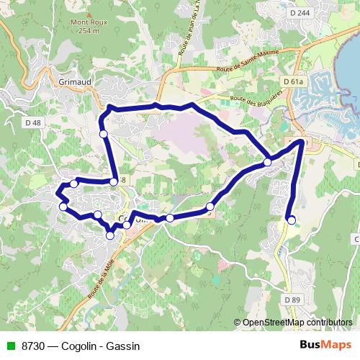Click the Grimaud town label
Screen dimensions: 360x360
76,81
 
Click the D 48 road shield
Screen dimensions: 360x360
32,124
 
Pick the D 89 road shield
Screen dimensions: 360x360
291,299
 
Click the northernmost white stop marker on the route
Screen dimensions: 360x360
104,134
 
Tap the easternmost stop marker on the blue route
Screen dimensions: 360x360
291,220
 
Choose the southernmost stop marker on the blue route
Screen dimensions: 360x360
110,235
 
